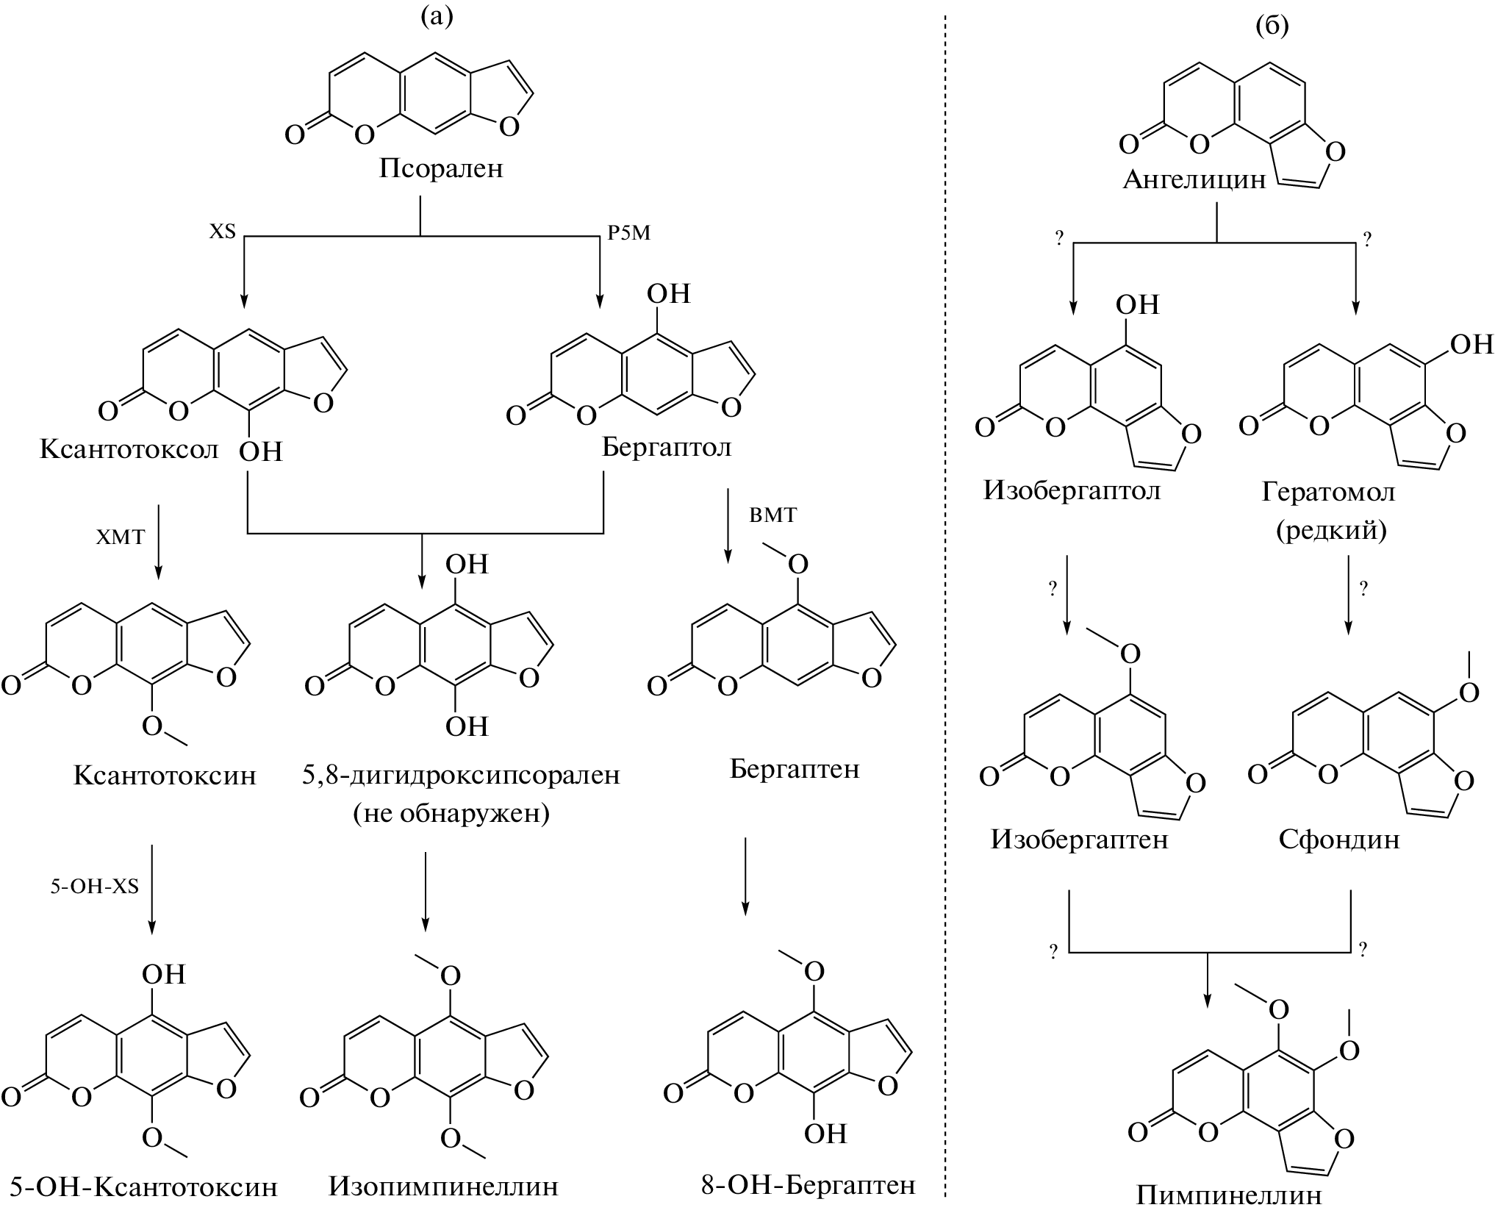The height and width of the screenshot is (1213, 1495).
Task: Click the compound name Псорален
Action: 441,169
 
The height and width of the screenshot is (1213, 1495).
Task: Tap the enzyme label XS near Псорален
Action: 222,233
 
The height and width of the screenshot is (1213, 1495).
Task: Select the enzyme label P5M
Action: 628,233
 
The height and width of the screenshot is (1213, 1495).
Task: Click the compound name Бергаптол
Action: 667,447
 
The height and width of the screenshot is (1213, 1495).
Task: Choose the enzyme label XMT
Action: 121,537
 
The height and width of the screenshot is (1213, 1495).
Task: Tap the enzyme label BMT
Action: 772,515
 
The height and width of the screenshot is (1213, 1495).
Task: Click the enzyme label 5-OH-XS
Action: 94,887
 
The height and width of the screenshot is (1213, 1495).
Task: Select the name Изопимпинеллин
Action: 443,1186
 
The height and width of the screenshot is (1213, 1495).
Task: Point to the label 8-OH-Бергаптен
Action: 808,1184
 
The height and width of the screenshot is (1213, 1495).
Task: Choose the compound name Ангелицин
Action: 1194,179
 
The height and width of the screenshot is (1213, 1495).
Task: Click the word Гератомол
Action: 1328,491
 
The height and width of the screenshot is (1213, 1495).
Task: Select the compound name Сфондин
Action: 1338,839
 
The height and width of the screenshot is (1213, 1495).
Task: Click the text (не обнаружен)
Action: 451,814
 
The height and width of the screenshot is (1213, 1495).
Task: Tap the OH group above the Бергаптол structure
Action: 668,294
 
